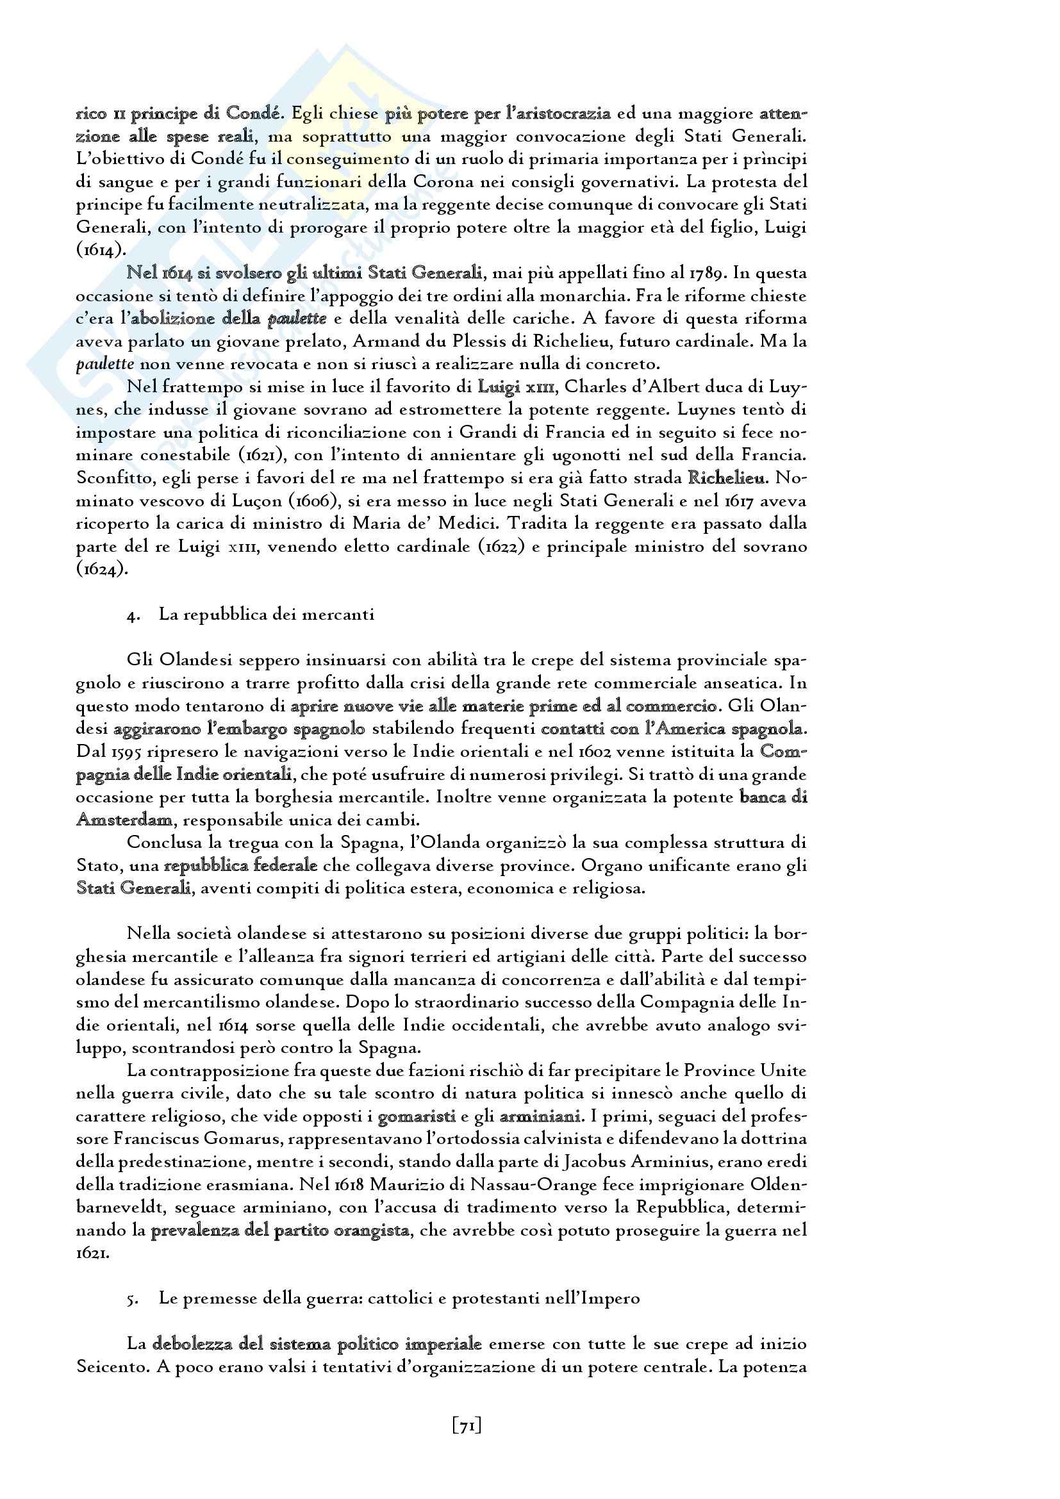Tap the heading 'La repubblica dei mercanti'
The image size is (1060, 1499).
tap(267, 615)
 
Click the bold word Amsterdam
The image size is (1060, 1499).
tap(125, 820)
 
